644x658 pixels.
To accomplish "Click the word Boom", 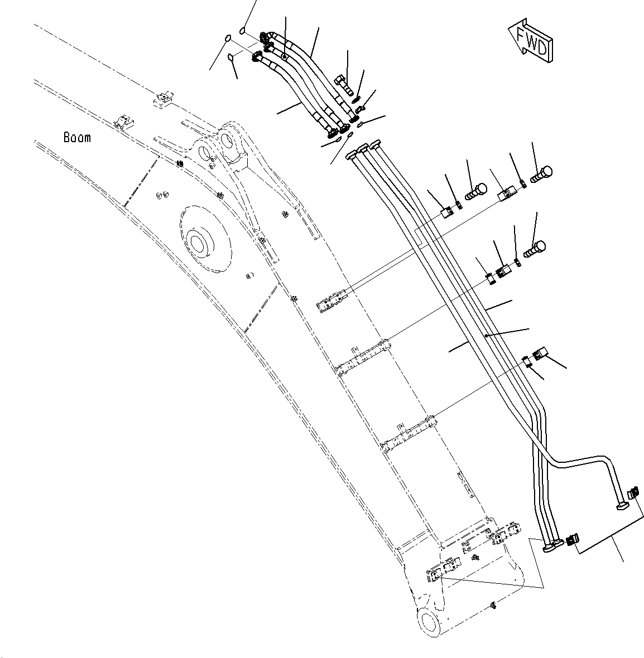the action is click(x=77, y=137).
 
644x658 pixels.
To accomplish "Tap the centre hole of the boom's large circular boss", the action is click(x=198, y=244).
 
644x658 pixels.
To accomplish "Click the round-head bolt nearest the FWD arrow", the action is click(x=542, y=173).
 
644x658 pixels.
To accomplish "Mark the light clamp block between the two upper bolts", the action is click(x=506, y=194).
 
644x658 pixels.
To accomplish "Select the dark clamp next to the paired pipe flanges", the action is click(x=571, y=540).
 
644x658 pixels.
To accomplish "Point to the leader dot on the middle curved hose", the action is click(x=285, y=56).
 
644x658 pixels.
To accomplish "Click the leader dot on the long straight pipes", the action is click(x=487, y=336).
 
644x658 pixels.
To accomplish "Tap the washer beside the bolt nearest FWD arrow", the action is click(x=523, y=183).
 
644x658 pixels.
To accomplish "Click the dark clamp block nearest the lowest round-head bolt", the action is click(x=505, y=272).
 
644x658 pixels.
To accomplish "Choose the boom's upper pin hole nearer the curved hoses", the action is click(x=227, y=138).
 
